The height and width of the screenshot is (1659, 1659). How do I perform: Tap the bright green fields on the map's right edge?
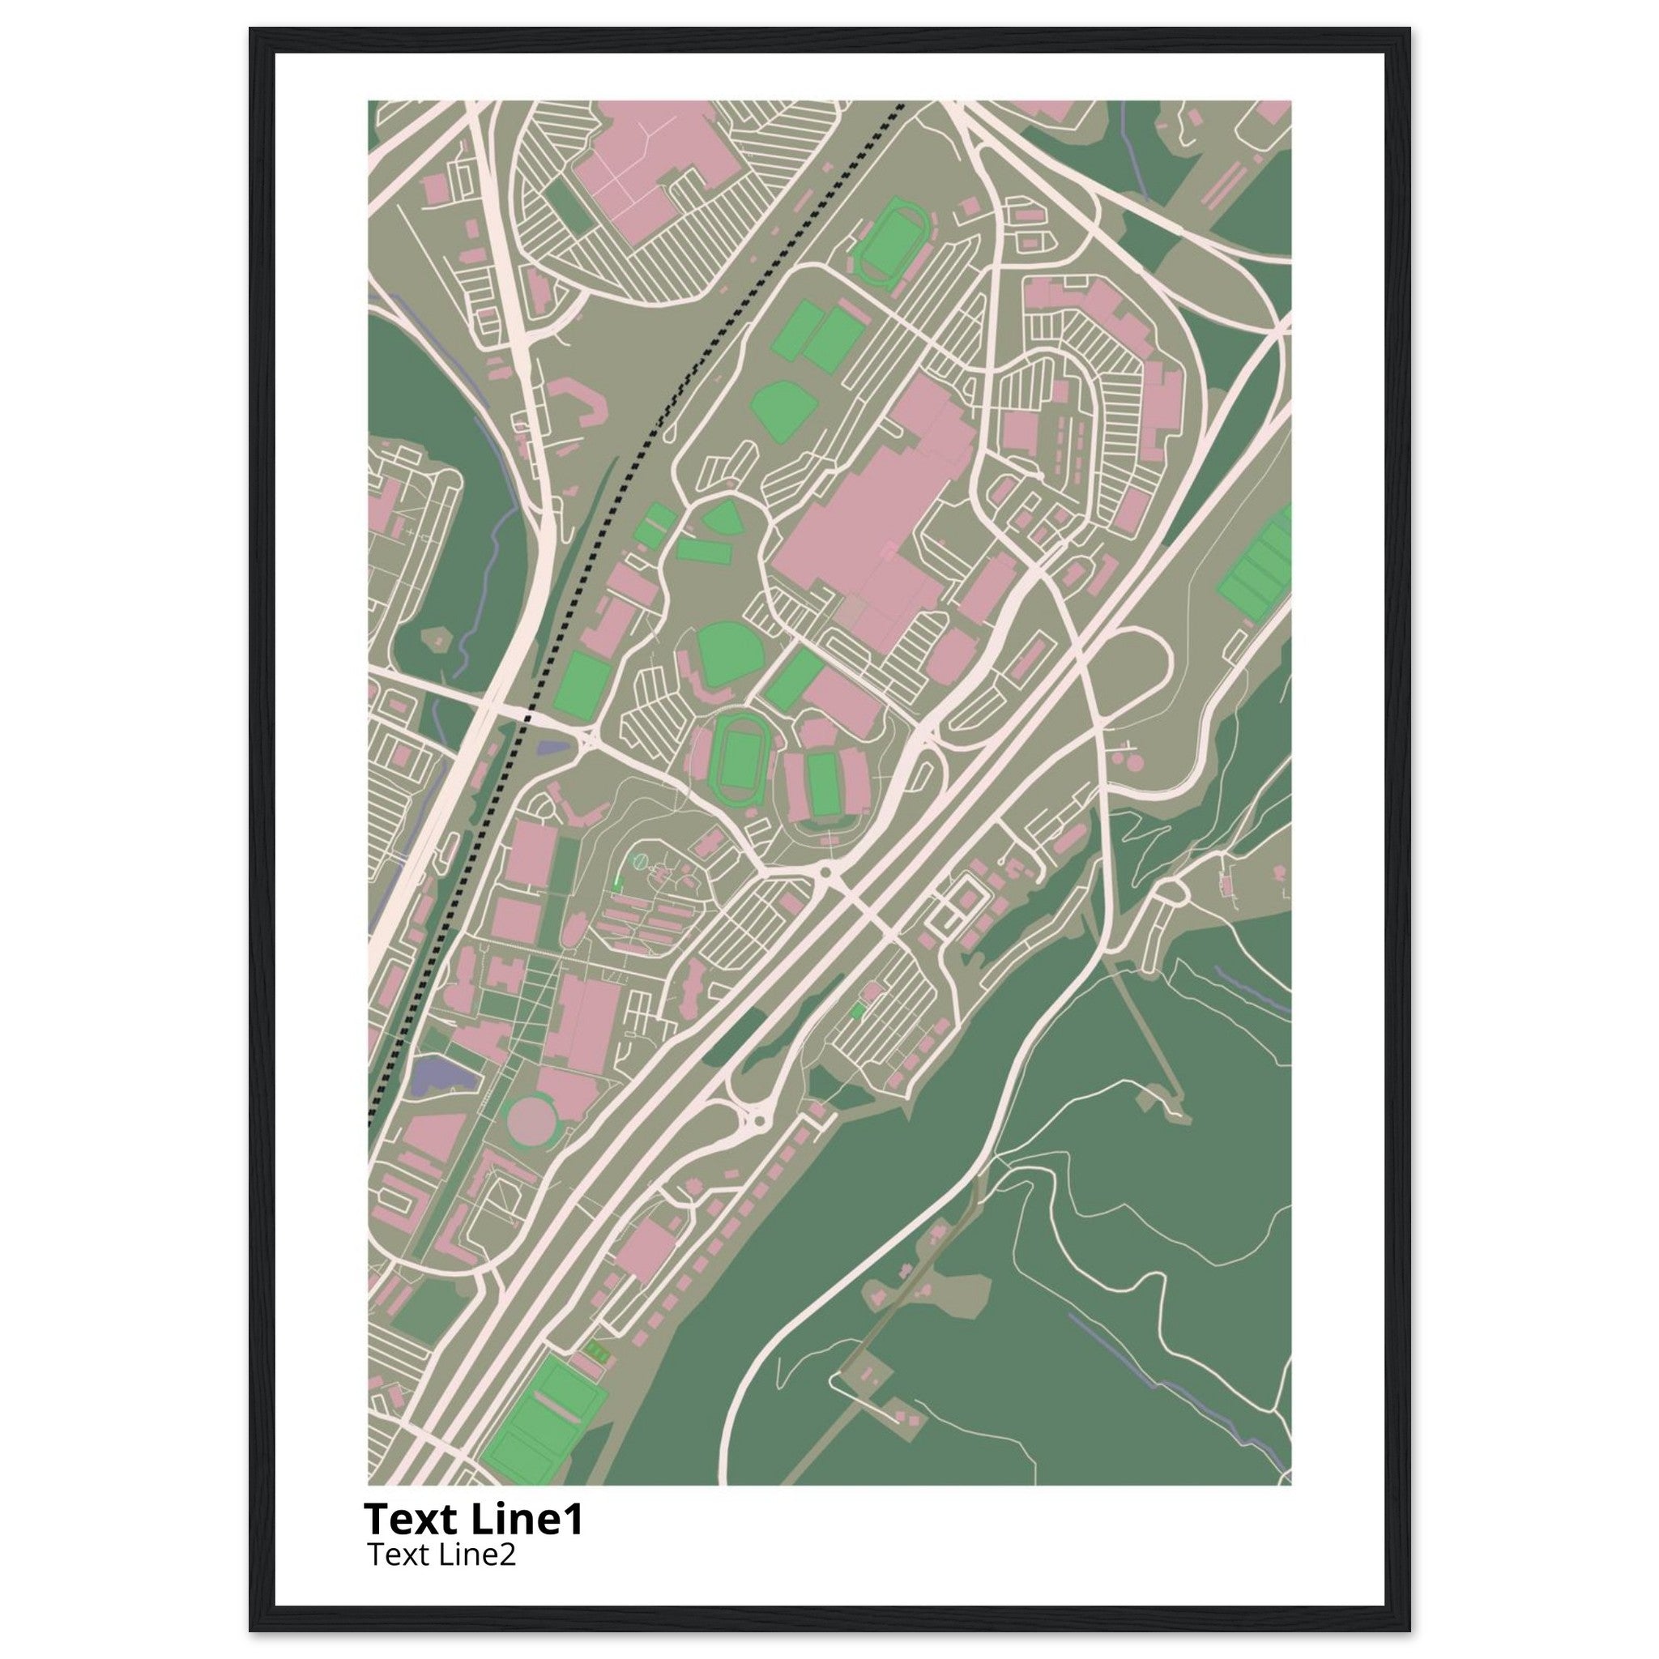[x=1257, y=563]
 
